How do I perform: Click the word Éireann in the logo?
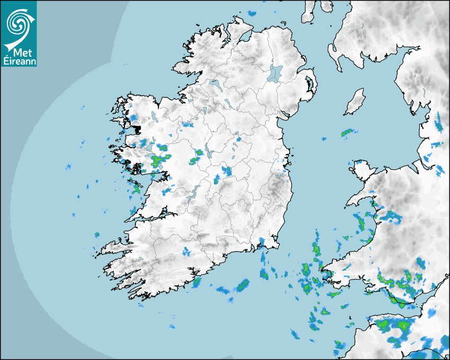click(19, 59)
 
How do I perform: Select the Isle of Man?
click(355, 102)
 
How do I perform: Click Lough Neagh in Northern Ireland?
click(275, 73)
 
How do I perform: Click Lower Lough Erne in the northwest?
click(215, 84)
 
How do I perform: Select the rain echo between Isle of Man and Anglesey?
click(347, 132)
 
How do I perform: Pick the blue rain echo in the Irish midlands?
click(227, 171)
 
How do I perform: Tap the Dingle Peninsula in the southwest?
click(114, 247)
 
